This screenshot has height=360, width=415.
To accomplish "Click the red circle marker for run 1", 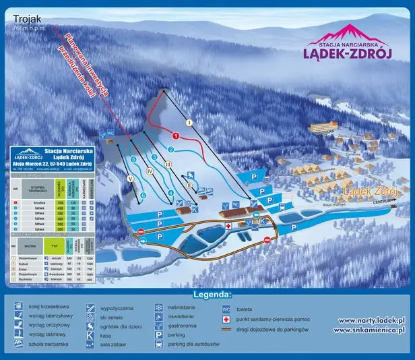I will pyautogui.click(x=176, y=136).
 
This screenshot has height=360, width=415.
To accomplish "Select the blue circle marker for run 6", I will pyautogui.click(x=143, y=196).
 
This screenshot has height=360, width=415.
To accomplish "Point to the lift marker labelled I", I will pyautogui.click(x=189, y=123).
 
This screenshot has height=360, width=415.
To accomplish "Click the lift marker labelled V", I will pyautogui.click(x=129, y=179).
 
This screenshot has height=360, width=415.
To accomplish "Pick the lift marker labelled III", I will pyautogui.click(x=169, y=164).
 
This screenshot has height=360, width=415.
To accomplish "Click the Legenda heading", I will pyautogui.click(x=212, y=295).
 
